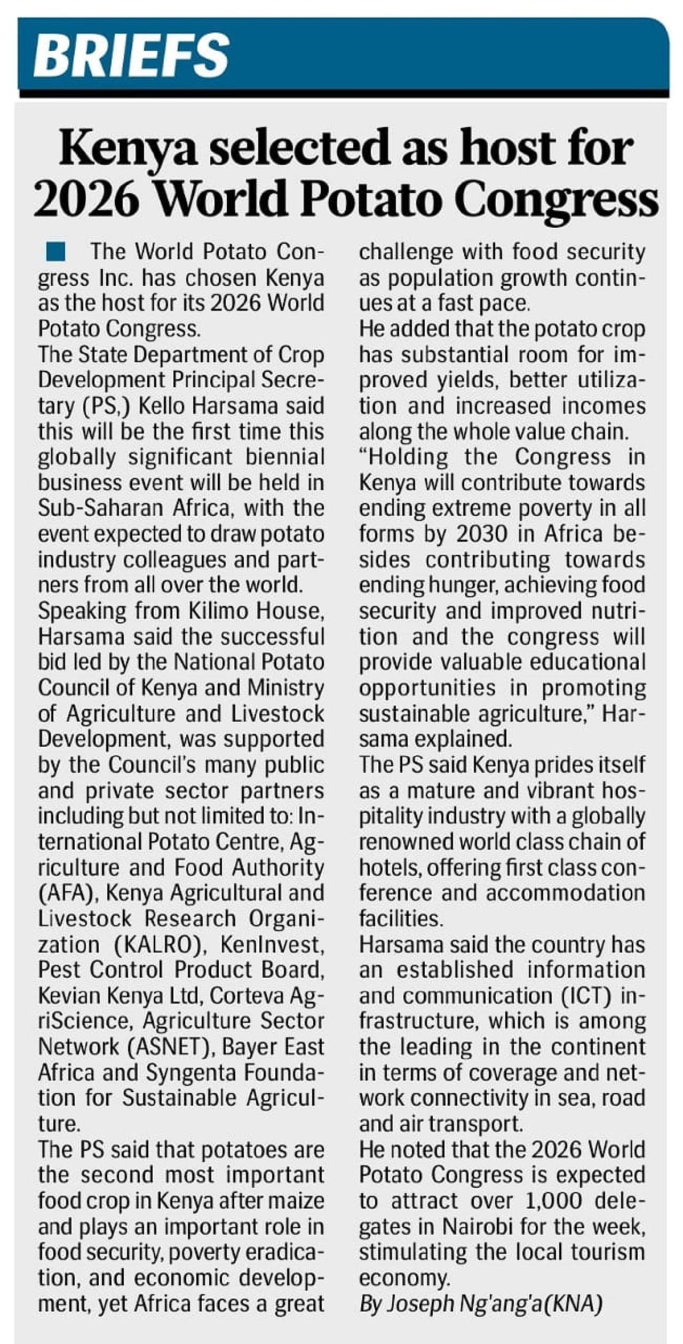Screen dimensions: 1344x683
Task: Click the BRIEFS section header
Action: [131, 54]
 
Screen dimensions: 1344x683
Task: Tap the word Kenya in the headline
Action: [128, 149]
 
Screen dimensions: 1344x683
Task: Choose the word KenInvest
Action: [272, 945]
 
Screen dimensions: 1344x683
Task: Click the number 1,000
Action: [552, 1200]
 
